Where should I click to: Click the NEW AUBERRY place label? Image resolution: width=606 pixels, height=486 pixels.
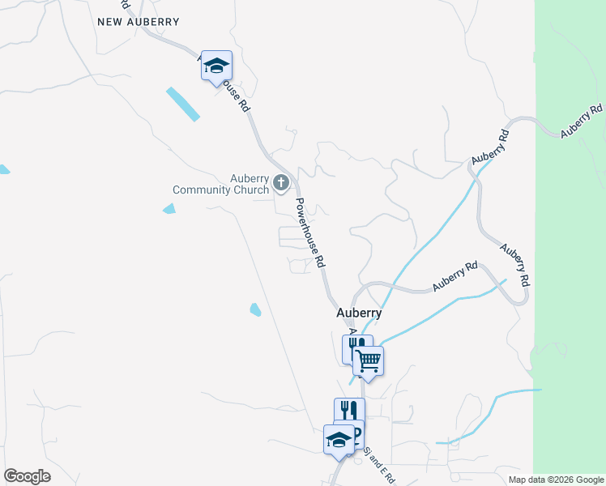coord(137,22)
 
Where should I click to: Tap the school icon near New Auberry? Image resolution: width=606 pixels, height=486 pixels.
coord(216,66)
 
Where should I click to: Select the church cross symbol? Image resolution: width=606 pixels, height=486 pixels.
coord(281,184)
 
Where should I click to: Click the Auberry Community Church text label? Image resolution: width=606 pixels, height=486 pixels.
coord(220,184)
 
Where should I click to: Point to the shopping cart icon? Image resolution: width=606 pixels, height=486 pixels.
coord(369,360)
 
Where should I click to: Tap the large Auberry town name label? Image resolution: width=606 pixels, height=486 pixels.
coord(359,313)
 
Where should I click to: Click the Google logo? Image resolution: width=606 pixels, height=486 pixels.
coord(27,476)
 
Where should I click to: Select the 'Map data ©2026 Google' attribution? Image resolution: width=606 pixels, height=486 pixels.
coord(556,480)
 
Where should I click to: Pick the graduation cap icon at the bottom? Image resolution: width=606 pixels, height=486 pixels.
coord(339,440)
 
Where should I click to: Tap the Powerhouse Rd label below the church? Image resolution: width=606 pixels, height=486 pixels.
coord(309,233)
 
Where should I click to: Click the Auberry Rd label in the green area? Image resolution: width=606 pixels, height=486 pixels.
coord(582,121)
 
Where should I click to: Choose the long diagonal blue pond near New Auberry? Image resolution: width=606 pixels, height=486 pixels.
coord(182,104)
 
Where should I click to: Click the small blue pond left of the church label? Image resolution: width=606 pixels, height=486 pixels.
coord(169,209)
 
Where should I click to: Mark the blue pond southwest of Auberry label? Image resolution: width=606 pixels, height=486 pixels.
coord(255,309)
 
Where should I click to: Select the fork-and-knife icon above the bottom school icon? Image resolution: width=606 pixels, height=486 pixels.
coord(348,411)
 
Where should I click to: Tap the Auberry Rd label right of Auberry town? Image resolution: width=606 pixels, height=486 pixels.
coord(454,276)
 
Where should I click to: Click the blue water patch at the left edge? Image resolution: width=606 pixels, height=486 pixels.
coord(3,169)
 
